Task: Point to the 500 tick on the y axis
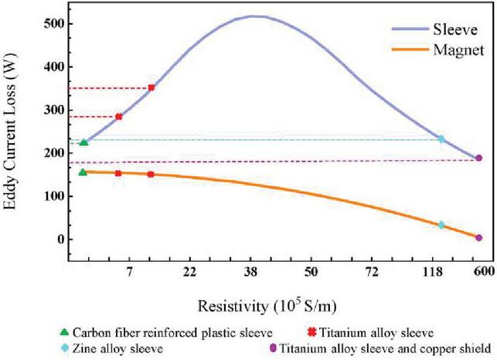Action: pyautogui.click(x=50, y=23)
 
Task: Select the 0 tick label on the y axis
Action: pyautogui.click(x=56, y=239)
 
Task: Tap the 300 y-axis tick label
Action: pyautogui.click(x=50, y=110)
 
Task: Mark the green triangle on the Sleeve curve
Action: pyautogui.click(x=83, y=142)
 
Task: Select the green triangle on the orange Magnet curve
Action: pyautogui.click(x=83, y=172)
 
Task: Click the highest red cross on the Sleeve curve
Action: pyautogui.click(x=151, y=88)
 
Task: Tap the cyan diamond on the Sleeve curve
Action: pyautogui.click(x=441, y=139)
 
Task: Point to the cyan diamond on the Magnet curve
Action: pyautogui.click(x=441, y=225)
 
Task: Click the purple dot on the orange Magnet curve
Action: pyautogui.click(x=478, y=238)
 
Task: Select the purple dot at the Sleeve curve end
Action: pyautogui.click(x=478, y=158)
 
